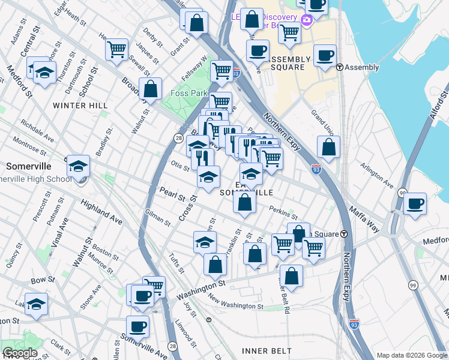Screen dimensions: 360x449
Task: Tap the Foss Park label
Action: pos(189,94)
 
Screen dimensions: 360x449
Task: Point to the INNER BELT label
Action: pos(267,350)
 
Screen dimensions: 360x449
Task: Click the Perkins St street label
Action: pos(283,213)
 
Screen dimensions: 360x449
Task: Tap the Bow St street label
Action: pos(43,280)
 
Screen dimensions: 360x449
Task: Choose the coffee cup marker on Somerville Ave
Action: pos(137,327)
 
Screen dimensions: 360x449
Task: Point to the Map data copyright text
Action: pos(412,355)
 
